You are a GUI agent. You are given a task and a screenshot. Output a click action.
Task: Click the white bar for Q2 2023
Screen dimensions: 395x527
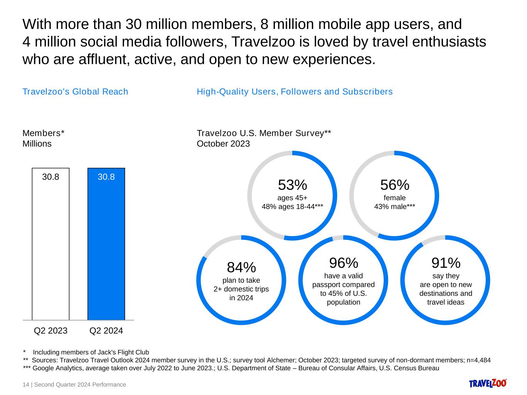pos(51,247)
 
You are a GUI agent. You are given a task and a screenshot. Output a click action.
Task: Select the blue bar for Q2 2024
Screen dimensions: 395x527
pos(106,247)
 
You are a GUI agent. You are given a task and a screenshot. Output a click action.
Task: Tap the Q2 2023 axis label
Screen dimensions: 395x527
pos(51,331)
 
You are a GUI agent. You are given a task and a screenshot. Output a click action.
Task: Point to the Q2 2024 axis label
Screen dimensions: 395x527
pos(106,331)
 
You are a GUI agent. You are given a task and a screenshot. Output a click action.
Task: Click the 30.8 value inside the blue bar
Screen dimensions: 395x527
pos(106,177)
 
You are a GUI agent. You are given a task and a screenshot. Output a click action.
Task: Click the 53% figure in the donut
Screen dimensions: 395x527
pos(292,185)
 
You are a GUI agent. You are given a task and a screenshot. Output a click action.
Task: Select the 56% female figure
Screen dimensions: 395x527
pos(395,185)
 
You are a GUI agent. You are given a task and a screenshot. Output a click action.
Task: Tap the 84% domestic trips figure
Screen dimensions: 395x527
pos(241,267)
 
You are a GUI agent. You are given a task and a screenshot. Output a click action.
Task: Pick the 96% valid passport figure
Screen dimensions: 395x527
pos(344,263)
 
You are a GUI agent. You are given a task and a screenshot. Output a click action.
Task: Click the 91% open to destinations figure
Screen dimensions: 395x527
pos(446,263)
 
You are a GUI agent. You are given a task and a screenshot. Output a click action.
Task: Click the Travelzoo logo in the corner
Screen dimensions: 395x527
pos(488,383)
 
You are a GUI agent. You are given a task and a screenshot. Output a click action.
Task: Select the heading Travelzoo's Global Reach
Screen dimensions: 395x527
pos(75,92)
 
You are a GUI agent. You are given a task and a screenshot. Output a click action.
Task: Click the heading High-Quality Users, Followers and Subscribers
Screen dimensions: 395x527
pos(295,92)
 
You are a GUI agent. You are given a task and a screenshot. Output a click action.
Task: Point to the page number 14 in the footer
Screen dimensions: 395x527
pos(26,385)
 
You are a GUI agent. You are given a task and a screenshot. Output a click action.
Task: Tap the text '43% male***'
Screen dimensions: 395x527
pos(395,207)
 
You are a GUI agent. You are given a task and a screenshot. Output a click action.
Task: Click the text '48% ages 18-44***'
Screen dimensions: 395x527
pos(292,207)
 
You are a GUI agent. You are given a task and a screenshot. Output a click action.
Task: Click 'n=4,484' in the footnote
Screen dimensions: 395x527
pos(478,360)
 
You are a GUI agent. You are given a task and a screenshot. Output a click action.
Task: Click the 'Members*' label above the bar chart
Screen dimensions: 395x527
pos(43,133)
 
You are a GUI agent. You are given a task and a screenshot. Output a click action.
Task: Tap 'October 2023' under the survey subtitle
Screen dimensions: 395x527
pos(223,144)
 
